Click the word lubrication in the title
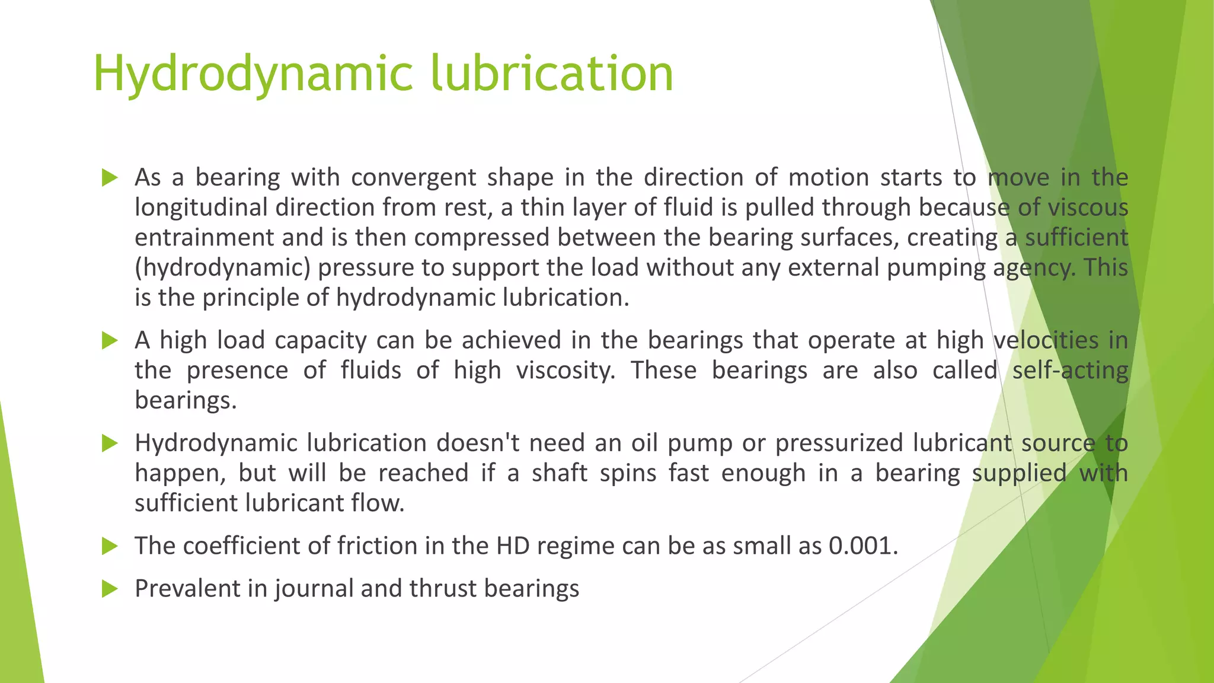551,74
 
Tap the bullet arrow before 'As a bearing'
110,177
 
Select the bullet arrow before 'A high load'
110,340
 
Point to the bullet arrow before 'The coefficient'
110,545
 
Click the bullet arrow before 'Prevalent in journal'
110,589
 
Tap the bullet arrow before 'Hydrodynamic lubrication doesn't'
110,443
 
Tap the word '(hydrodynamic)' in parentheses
222,268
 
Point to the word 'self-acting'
1069,371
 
